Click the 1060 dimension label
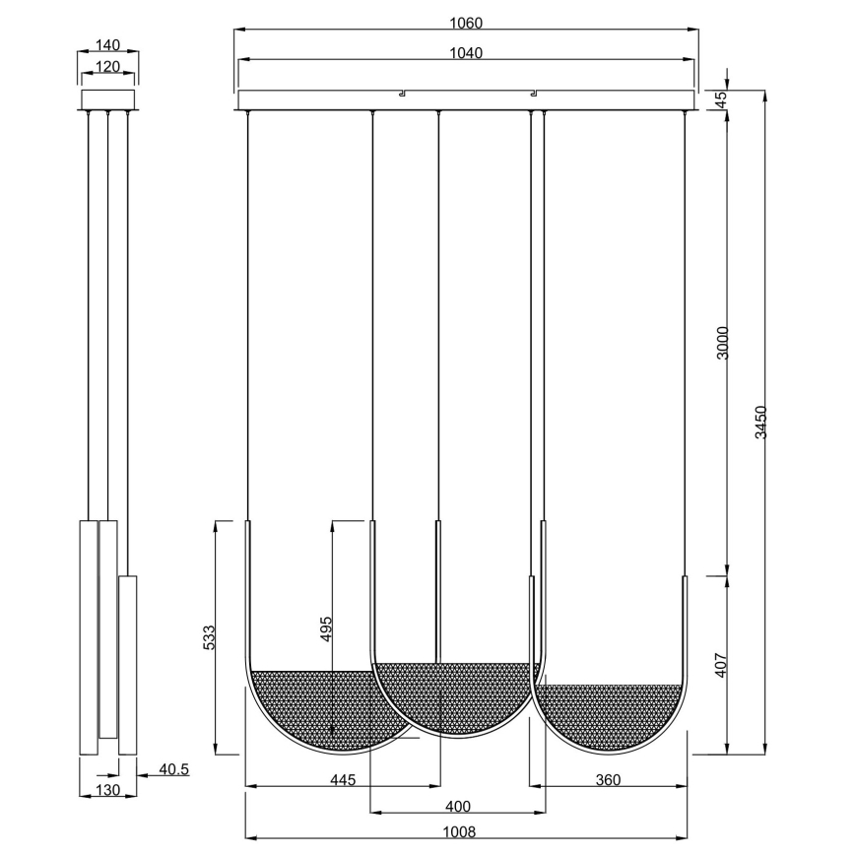click(465, 22)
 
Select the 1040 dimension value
click(465, 53)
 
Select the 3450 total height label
click(760, 423)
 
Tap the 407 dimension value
click(721, 667)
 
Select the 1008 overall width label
click(465, 831)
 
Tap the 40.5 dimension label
click(174, 768)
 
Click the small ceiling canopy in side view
click(107, 100)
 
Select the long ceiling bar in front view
click(466, 101)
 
